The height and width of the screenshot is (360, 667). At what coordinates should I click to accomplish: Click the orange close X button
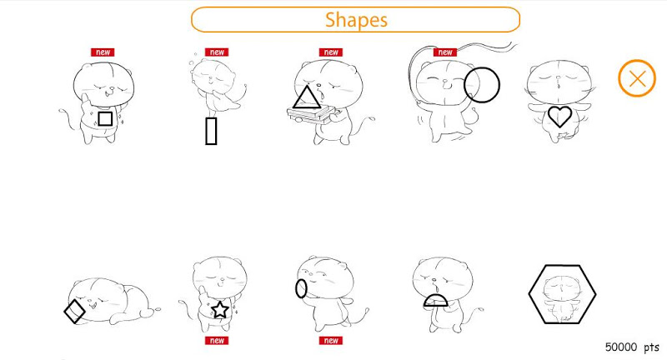pyautogui.click(x=637, y=78)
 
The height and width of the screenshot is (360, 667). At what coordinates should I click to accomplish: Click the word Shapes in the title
pyautogui.click(x=357, y=19)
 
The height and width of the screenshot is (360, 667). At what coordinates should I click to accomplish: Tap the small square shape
pyautogui.click(x=106, y=118)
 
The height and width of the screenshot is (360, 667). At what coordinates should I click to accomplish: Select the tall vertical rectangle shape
pyautogui.click(x=211, y=132)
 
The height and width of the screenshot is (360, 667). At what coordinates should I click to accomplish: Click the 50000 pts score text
pyautogui.click(x=632, y=347)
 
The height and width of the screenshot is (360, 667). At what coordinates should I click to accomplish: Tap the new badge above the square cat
pyautogui.click(x=103, y=52)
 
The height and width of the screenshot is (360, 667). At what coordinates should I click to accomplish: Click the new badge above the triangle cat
pyautogui.click(x=331, y=52)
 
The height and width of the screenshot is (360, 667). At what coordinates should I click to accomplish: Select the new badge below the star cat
pyautogui.click(x=217, y=341)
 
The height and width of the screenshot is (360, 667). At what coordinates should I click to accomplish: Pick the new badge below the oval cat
pyautogui.click(x=331, y=341)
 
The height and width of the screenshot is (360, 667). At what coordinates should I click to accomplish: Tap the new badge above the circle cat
pyautogui.click(x=445, y=52)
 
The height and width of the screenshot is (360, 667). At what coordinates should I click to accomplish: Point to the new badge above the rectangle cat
pyautogui.click(x=217, y=52)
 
